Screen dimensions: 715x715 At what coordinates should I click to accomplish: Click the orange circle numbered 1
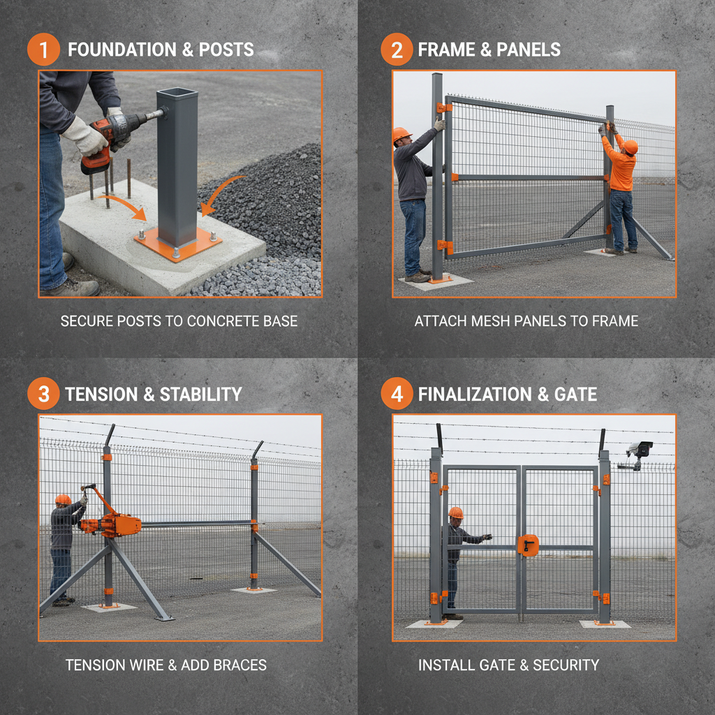[43, 50]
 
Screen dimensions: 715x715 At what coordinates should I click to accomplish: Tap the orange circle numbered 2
[397, 50]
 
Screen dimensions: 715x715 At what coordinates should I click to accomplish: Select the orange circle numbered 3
[43, 395]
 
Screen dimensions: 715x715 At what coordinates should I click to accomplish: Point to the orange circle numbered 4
[397, 395]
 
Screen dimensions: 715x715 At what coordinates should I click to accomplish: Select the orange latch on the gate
[528, 545]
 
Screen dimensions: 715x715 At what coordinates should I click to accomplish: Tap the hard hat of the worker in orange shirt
[630, 147]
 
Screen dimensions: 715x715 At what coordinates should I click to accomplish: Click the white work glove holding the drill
[86, 136]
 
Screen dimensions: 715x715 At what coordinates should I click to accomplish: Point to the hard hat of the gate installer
[456, 513]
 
